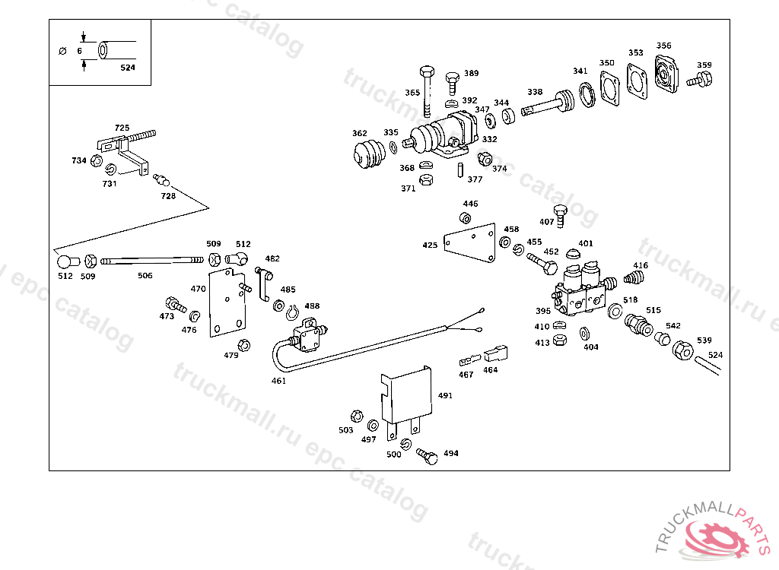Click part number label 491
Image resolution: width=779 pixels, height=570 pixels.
[445, 396]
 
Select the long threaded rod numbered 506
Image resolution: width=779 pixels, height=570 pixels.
[152, 261]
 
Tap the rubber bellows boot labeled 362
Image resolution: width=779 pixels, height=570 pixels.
[369, 154]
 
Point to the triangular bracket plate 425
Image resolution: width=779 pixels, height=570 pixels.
[469, 242]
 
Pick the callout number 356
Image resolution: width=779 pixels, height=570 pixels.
[663, 46]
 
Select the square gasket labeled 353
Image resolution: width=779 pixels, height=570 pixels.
[638, 81]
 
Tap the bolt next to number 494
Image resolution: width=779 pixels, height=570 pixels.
[428, 456]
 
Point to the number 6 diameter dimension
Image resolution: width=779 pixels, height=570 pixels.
[79, 51]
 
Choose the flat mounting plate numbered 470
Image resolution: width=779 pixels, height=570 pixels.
[227, 302]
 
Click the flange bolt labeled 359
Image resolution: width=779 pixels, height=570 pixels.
[700, 79]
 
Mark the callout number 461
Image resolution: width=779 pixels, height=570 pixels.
[278, 381]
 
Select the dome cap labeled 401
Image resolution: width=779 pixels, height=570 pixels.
[574, 254]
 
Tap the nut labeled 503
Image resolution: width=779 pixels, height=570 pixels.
[357, 416]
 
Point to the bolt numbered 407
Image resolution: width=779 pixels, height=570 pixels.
[561, 216]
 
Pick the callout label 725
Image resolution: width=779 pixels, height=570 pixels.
[122, 128]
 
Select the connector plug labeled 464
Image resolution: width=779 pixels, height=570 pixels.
[496, 353]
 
